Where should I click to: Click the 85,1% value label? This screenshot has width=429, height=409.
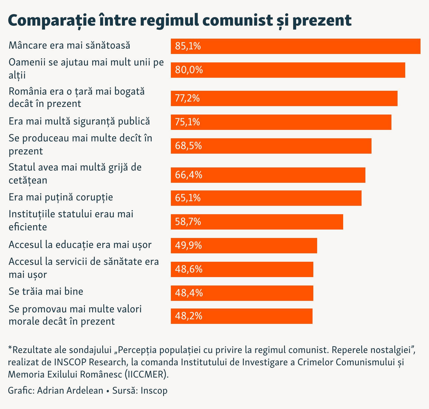(x=188, y=46)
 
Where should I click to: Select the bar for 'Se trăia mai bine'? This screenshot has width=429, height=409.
(x=242, y=293)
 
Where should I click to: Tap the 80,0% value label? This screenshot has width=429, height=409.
(x=189, y=70)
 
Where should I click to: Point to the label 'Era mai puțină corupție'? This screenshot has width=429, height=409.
(x=61, y=197)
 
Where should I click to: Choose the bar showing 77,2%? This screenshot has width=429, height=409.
(x=284, y=98)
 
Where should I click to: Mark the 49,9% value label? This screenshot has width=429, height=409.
(x=189, y=245)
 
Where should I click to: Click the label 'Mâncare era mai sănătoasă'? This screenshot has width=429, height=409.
(x=69, y=45)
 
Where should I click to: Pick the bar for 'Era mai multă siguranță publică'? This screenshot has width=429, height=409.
(x=281, y=122)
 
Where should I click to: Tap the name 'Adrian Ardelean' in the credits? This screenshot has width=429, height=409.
(x=70, y=390)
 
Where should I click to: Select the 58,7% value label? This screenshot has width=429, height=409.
(x=188, y=222)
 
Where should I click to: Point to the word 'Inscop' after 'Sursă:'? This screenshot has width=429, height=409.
(x=154, y=390)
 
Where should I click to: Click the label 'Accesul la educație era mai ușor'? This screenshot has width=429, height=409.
(x=80, y=245)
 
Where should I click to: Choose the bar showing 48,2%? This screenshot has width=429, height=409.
(x=241, y=316)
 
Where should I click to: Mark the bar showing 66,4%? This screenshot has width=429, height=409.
(x=268, y=175)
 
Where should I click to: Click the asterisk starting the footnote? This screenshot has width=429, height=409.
(x=10, y=349)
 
